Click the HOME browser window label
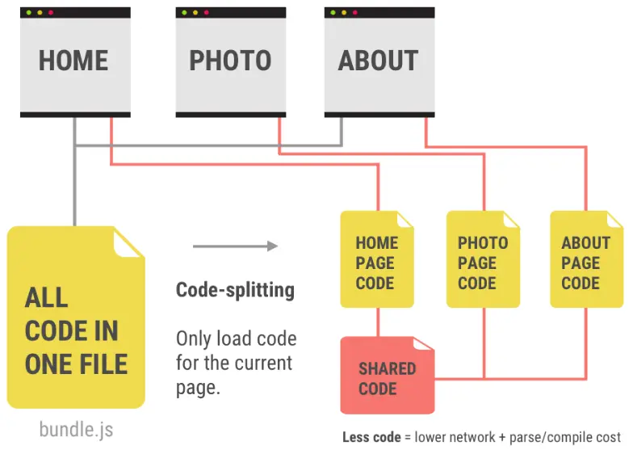pyautogui.click(x=73, y=61)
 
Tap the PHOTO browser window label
pyautogui.click(x=230, y=61)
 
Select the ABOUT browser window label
pyautogui.click(x=378, y=61)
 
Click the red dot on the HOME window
pyautogui.click(x=51, y=13)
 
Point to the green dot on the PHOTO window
pyautogui.click(x=185, y=13)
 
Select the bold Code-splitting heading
pyautogui.click(x=235, y=289)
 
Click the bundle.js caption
pyautogui.click(x=76, y=429)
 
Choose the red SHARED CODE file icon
pyautogui.click(x=387, y=376)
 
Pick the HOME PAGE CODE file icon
pyautogui.click(x=376, y=260)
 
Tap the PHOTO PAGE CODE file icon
pyautogui.click(x=483, y=260)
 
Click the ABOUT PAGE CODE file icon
pyautogui.click(x=586, y=260)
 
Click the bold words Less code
pyautogui.click(x=371, y=437)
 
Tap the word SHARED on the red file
pyautogui.click(x=388, y=368)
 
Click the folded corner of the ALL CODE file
pyautogui.click(x=130, y=240)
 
